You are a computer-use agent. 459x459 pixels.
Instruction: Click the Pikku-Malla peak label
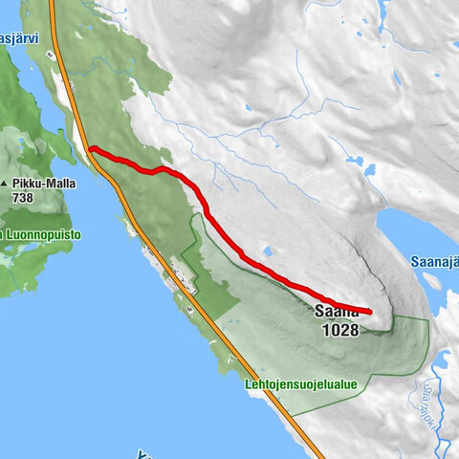(38, 183)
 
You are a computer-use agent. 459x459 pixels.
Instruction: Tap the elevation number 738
(26, 197)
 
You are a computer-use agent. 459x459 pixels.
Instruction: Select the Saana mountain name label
(336, 311)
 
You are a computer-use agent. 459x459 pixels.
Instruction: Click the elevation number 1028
(340, 330)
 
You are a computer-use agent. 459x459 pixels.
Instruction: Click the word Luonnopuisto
(43, 234)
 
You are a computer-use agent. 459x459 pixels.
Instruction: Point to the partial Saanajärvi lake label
(434, 261)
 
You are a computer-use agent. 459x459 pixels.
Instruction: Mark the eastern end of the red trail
(369, 312)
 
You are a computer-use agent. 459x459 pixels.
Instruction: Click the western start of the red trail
(91, 148)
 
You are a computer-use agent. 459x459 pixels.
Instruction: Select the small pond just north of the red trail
(267, 253)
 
